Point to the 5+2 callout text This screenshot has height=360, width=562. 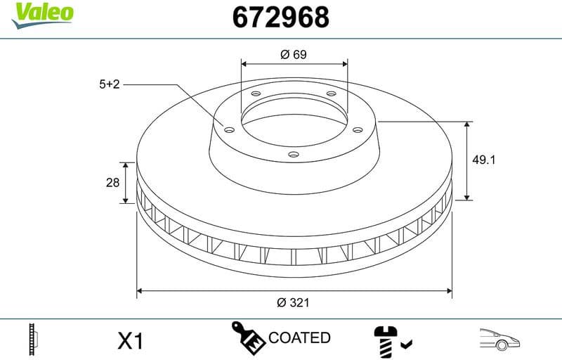click(x=110, y=84)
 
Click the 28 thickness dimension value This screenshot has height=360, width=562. click(x=112, y=183)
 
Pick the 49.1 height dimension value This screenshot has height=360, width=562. click(x=484, y=160)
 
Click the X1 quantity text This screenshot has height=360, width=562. click(x=130, y=341)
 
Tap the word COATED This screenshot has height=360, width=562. click(x=299, y=338)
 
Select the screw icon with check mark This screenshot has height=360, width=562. click(x=391, y=340)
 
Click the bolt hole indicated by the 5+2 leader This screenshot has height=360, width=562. click(x=228, y=129)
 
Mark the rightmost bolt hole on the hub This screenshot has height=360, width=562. click(x=358, y=129)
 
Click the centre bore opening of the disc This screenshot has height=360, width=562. click(x=294, y=123)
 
